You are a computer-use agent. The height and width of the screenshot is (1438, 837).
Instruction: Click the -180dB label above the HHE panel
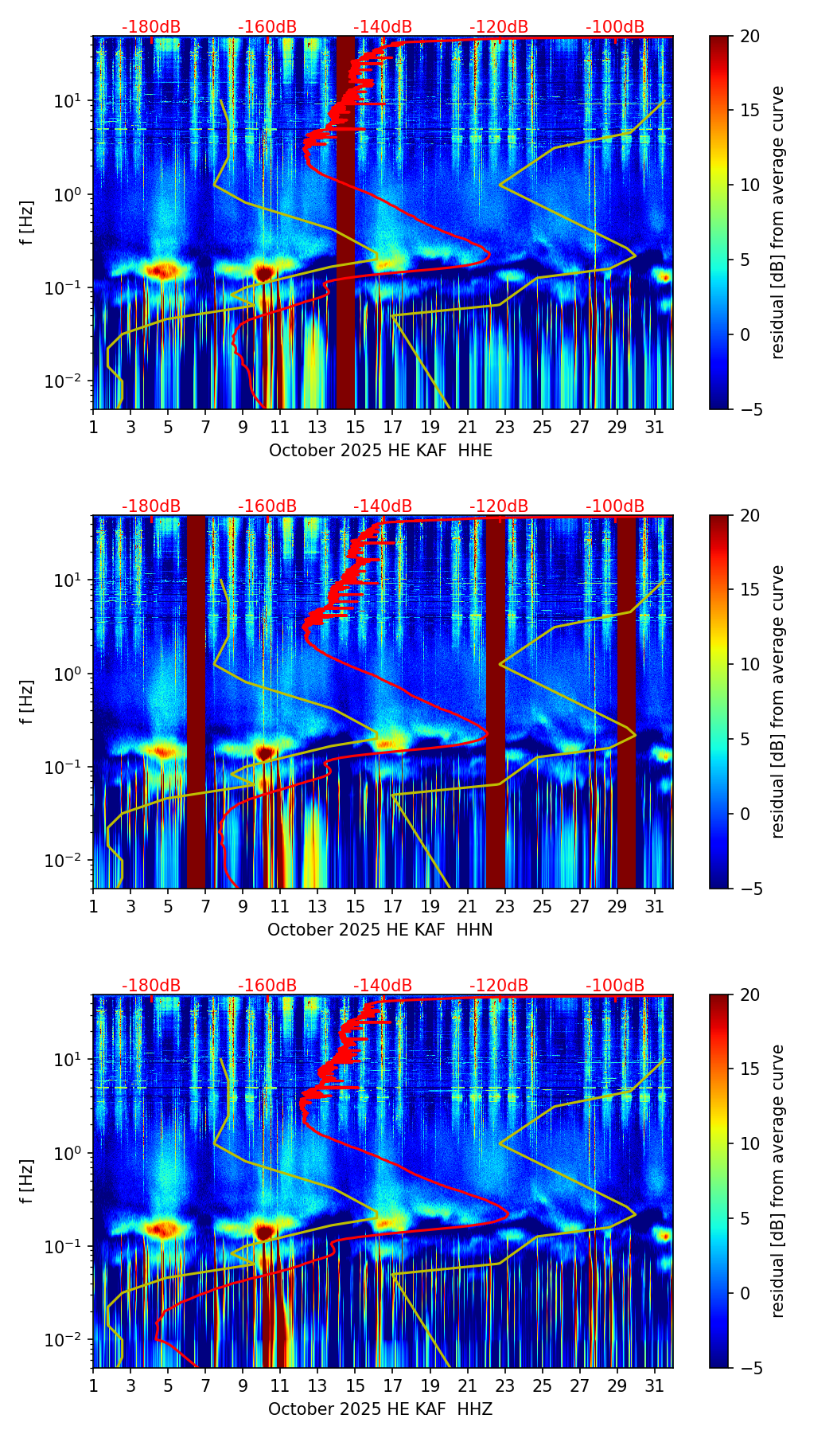pos(151,27)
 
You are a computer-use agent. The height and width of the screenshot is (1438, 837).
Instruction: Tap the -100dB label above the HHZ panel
pos(615,986)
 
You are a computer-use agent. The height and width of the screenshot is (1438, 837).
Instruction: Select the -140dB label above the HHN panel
pos(383,506)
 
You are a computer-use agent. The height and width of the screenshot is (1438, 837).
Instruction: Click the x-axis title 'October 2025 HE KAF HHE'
pos(380,451)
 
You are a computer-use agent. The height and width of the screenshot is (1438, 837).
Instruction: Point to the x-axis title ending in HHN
pos(380,930)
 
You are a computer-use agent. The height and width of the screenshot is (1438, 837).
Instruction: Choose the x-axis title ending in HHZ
pos(380,1409)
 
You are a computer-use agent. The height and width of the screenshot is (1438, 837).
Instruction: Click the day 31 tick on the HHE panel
pos(655,428)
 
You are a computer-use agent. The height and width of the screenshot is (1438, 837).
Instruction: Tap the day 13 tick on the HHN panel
pos(317,907)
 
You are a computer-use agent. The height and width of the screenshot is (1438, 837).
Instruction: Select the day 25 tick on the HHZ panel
pos(543,1386)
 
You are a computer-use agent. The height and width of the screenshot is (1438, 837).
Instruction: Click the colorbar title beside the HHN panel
pos(777,701)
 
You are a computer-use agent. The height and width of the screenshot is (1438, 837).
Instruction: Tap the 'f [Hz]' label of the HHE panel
pos(27,222)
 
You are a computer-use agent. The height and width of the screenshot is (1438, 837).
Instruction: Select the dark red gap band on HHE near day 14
pos(345,223)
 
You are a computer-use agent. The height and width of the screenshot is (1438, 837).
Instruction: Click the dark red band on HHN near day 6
pos(196,701)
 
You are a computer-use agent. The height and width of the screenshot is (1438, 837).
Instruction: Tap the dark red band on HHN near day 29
pos(627,701)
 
